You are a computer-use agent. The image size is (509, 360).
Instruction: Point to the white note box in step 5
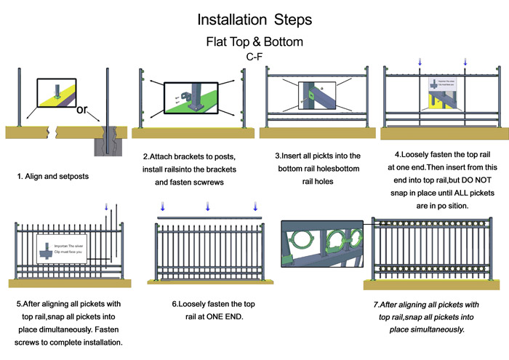coord(61,249)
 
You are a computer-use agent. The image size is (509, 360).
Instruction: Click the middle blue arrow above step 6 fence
coord(207,207)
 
